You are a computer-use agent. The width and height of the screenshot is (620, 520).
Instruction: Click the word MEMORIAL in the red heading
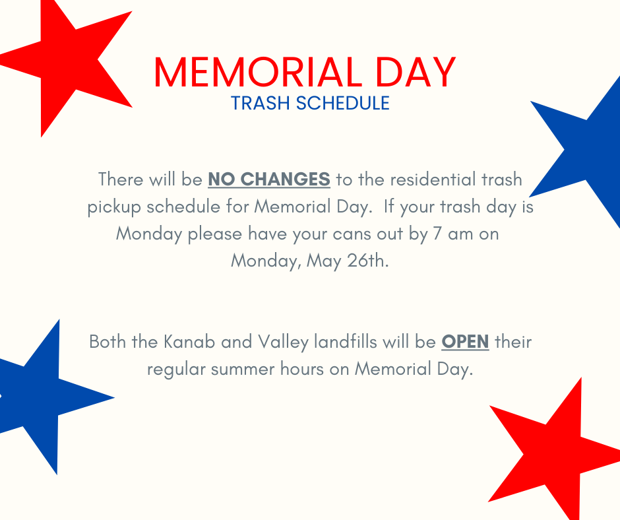pyautogui.click(x=258, y=73)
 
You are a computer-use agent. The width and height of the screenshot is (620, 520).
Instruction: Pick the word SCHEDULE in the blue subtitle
pyautogui.click(x=343, y=103)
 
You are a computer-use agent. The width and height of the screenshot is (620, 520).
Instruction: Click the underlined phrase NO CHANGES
pyautogui.click(x=269, y=179)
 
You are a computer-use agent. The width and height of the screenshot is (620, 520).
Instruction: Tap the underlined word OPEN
pyautogui.click(x=465, y=342)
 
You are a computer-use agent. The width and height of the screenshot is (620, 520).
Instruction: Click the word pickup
pyautogui.click(x=114, y=207)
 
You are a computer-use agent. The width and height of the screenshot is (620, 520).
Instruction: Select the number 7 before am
pyautogui.click(x=437, y=234)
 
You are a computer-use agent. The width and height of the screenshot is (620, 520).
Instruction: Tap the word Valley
pyautogui.click(x=283, y=342)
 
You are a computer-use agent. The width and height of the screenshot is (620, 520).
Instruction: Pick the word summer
pyautogui.click(x=242, y=370)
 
